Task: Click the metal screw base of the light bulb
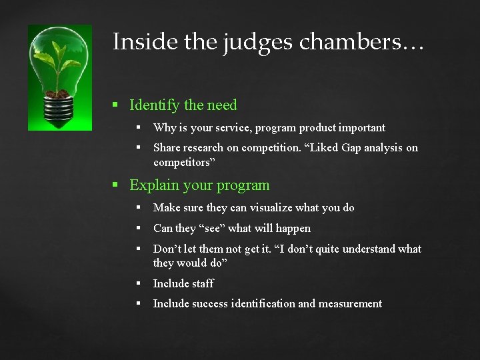59,109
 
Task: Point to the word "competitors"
183,162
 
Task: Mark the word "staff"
202,284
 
